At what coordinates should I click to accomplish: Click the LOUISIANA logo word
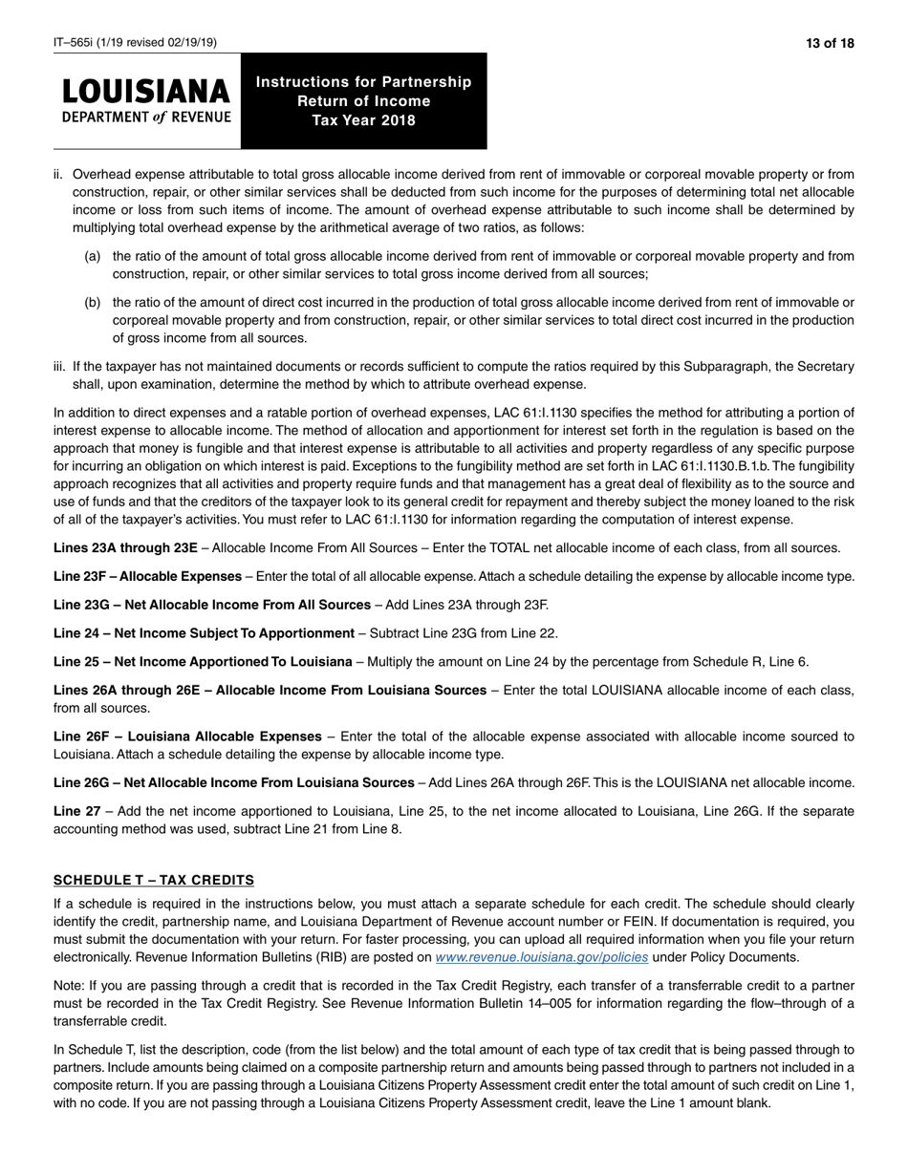(146, 92)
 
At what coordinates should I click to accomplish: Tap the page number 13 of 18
(830, 43)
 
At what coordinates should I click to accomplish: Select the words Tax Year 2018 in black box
(363, 120)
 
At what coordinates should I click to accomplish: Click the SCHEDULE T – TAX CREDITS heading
(154, 880)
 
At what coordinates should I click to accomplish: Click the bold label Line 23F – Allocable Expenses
(147, 576)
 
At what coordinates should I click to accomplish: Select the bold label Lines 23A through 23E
(125, 547)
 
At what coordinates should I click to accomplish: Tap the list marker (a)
(93, 256)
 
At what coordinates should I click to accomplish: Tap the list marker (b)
(93, 302)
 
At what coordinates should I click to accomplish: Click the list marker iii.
(59, 367)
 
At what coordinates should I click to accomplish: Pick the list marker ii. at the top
(58, 175)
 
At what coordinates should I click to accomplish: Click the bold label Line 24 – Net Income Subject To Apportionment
(204, 632)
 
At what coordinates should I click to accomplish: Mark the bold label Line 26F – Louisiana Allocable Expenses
(187, 737)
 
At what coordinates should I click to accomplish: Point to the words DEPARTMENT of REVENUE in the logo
(146, 117)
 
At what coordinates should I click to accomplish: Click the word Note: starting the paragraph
(69, 984)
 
